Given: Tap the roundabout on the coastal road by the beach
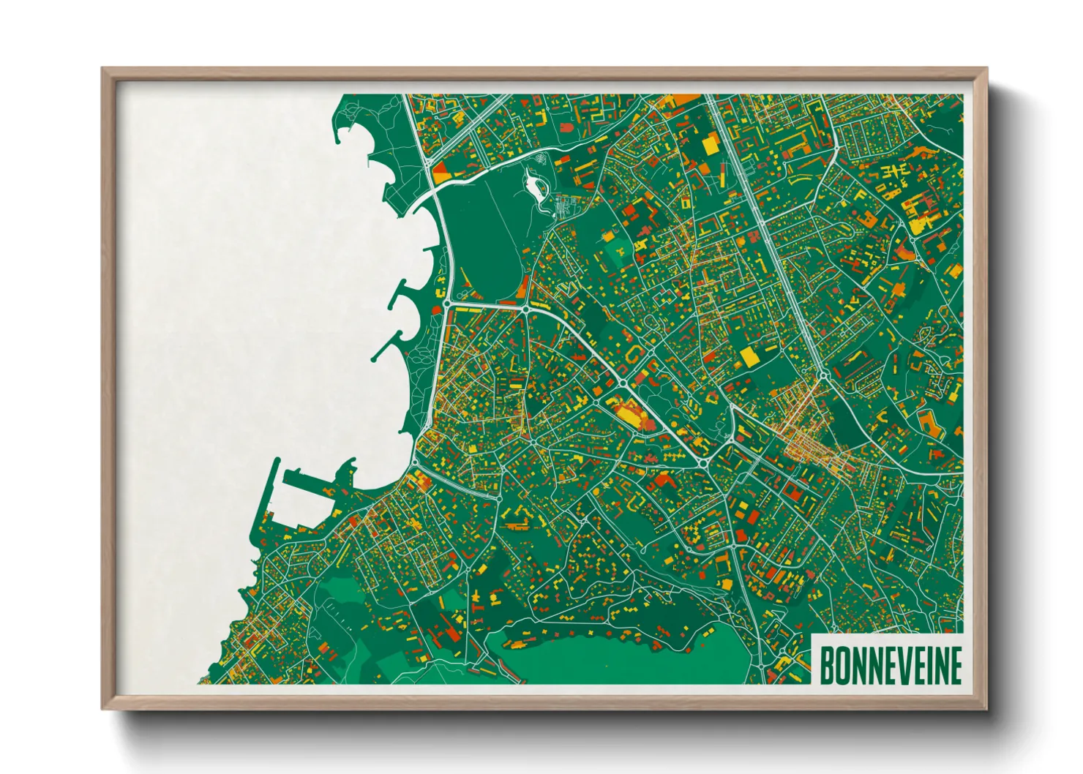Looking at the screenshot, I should pyautogui.click(x=446, y=302).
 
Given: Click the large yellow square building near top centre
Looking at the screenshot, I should pyautogui.click(x=711, y=144).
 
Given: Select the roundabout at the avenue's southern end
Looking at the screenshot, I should pyautogui.click(x=824, y=376).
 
